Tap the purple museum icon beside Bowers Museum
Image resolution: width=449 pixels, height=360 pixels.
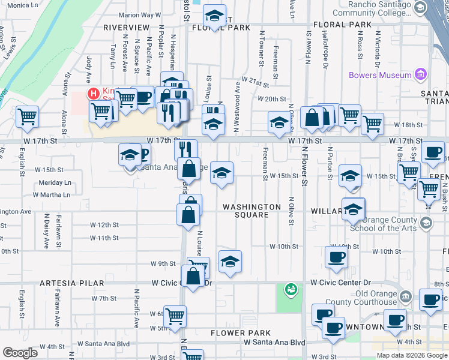421,75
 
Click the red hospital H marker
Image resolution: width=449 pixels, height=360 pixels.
93,93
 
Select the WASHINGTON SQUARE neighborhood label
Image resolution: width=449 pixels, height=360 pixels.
252,211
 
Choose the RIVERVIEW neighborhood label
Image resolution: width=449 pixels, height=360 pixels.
126,28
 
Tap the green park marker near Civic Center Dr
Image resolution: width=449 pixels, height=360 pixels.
291,289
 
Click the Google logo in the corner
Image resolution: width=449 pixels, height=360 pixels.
20,352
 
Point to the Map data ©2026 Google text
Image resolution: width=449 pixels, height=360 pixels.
412,355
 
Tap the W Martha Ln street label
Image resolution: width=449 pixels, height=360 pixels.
52,194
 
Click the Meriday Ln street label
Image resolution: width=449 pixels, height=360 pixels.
55,182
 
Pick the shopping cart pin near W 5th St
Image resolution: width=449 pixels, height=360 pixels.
175,316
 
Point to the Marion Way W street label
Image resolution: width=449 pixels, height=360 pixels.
140,14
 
